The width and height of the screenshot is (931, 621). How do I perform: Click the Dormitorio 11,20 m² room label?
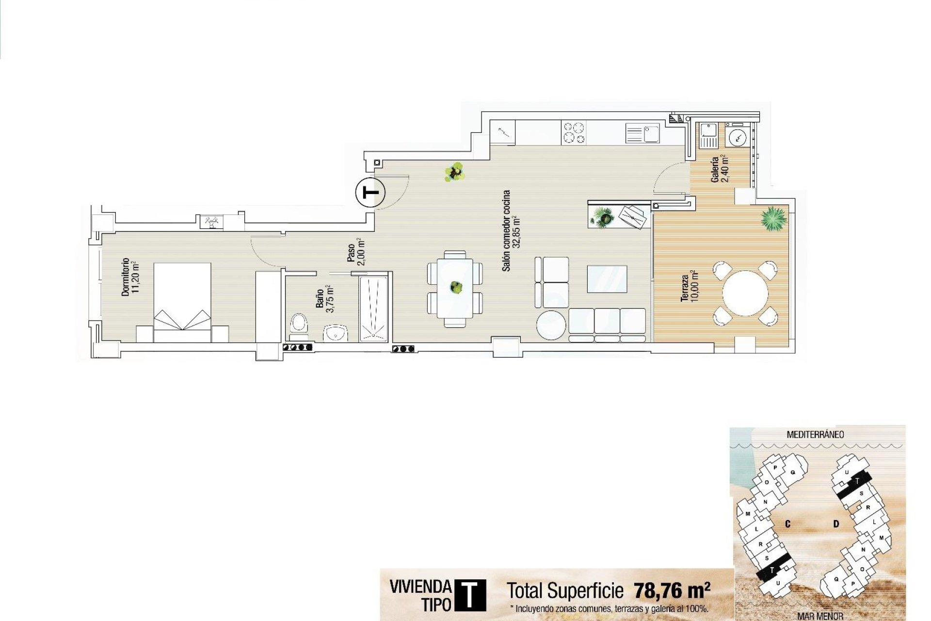130,277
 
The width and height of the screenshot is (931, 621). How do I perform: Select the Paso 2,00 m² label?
355,251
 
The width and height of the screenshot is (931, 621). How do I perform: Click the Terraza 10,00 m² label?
689,288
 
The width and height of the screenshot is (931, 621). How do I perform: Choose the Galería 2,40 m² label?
719,169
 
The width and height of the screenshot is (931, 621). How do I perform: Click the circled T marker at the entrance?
371,193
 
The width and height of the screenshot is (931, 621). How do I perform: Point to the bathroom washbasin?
336,333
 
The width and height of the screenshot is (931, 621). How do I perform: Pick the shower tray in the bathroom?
374,308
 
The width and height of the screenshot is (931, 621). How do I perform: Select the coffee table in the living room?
607,279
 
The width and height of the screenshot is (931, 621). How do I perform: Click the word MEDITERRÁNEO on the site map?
815,435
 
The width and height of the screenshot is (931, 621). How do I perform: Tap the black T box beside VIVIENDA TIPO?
469,595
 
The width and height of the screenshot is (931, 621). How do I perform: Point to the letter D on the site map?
836,524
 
